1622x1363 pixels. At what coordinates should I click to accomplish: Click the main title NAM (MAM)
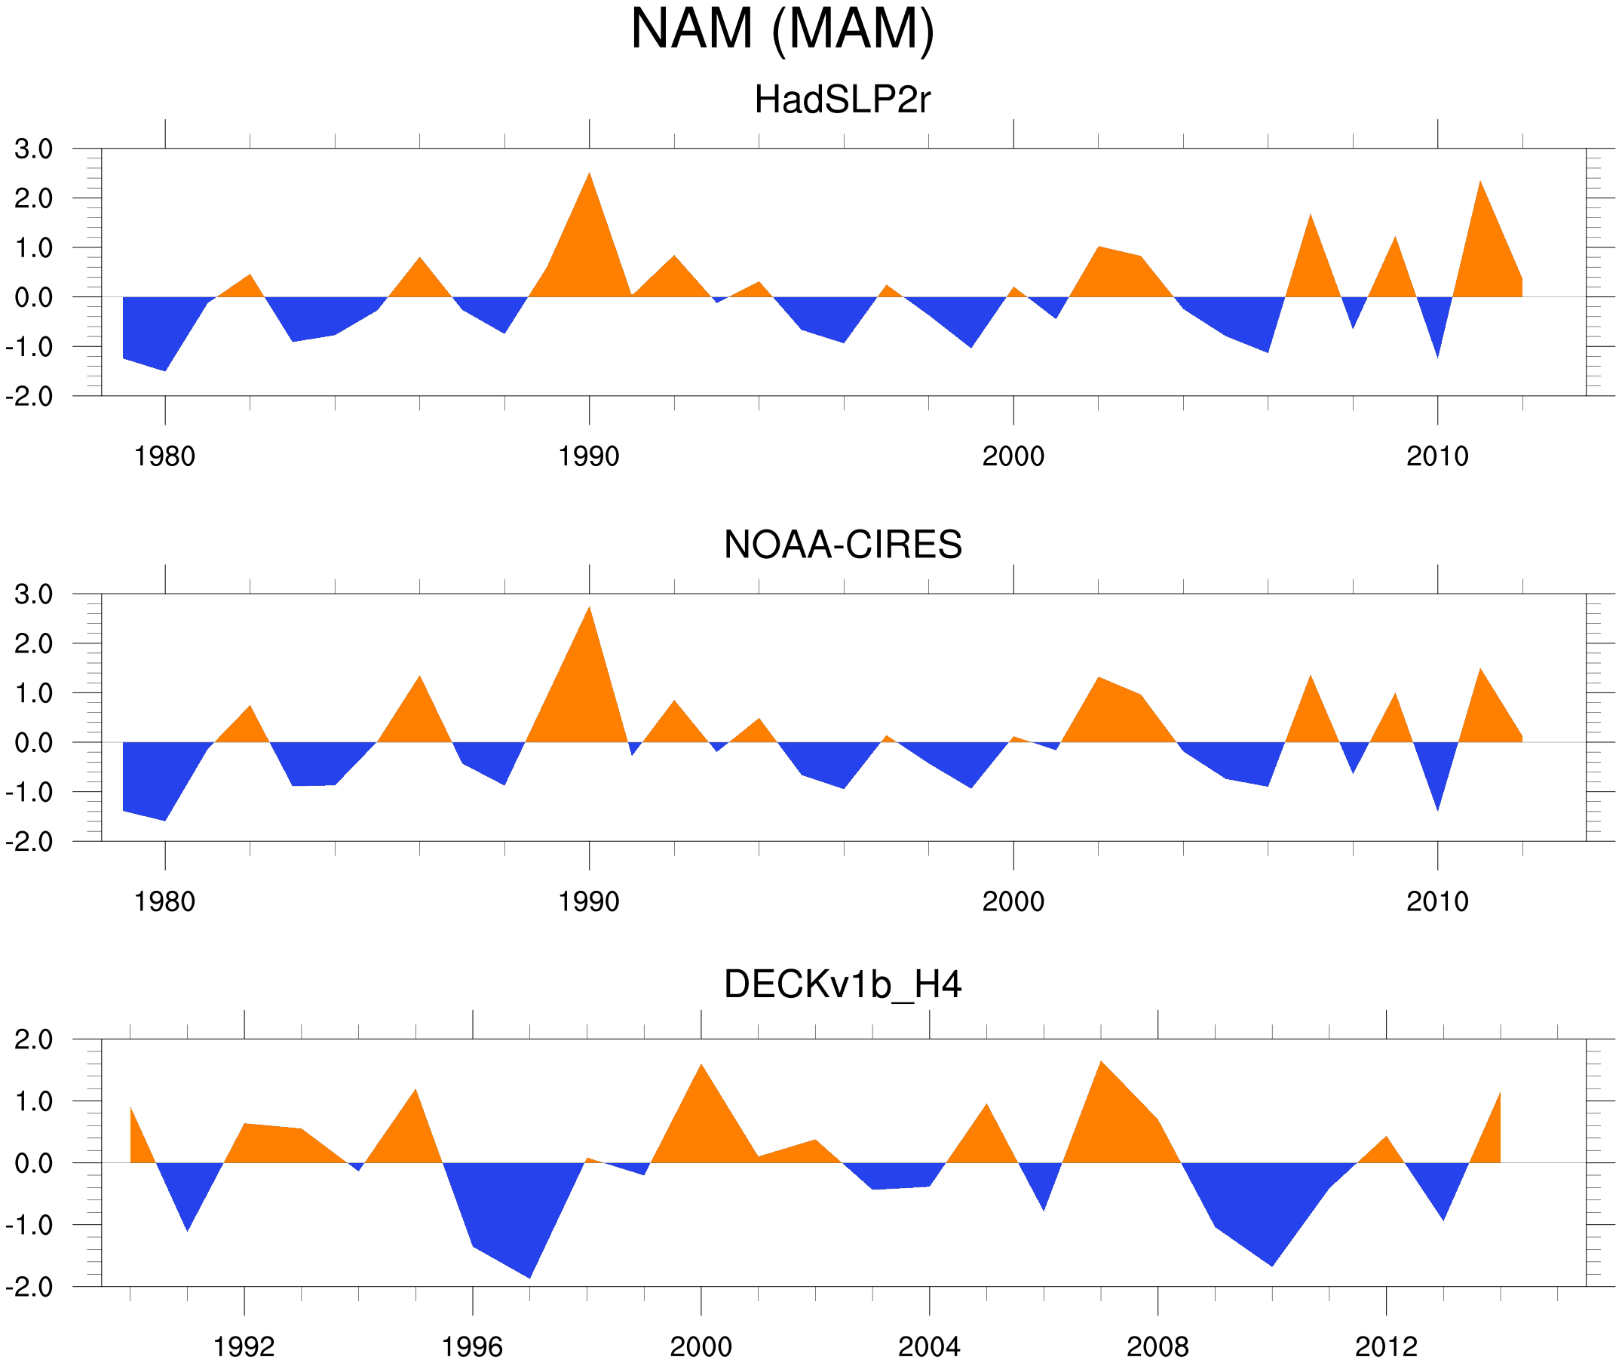782,29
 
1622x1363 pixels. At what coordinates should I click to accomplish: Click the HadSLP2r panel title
842,100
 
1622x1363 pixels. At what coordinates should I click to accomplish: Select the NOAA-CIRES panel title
842,545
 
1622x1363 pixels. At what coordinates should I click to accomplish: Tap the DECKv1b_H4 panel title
842,984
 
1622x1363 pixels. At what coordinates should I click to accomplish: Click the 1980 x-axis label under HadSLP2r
164,456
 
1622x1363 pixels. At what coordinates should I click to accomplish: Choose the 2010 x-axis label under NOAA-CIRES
1436,901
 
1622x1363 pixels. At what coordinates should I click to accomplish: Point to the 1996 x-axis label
472,1346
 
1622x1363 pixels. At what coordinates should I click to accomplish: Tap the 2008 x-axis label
1157,1346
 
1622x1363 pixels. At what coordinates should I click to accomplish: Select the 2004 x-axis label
928,1346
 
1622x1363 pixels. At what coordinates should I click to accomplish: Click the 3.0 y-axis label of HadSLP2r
33,149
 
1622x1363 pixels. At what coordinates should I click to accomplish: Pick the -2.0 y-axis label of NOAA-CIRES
29,842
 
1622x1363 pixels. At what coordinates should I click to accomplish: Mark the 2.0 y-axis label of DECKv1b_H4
33,1039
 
